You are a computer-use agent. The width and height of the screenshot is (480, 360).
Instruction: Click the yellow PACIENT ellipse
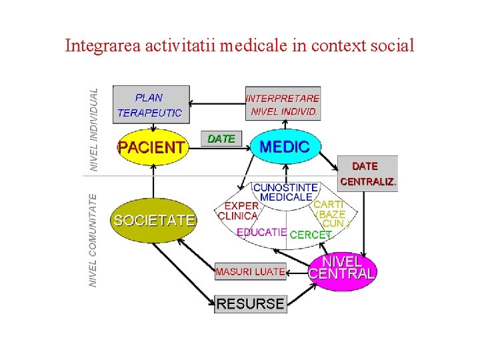[x=151, y=147]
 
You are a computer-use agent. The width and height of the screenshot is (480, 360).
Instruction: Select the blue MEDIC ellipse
[x=285, y=147]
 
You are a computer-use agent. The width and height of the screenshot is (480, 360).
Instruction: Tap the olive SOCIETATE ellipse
[x=154, y=219]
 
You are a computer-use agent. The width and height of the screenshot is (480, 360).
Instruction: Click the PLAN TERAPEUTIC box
[x=151, y=105]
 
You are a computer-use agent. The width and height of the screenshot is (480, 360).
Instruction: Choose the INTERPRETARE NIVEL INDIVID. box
[x=283, y=105]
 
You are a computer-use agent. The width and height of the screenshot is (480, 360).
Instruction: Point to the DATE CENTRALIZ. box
[x=367, y=173]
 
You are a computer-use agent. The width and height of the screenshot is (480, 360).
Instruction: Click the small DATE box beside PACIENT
[x=221, y=139]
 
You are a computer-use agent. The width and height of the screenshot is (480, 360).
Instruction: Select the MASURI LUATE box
[x=250, y=271]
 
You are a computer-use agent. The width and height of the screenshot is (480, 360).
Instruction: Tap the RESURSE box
[x=250, y=304]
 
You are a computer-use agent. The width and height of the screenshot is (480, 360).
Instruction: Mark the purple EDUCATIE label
[x=262, y=233]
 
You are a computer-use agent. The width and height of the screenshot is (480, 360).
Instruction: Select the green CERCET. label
[x=311, y=234]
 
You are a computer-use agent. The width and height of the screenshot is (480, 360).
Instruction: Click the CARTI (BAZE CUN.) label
[x=331, y=214]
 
